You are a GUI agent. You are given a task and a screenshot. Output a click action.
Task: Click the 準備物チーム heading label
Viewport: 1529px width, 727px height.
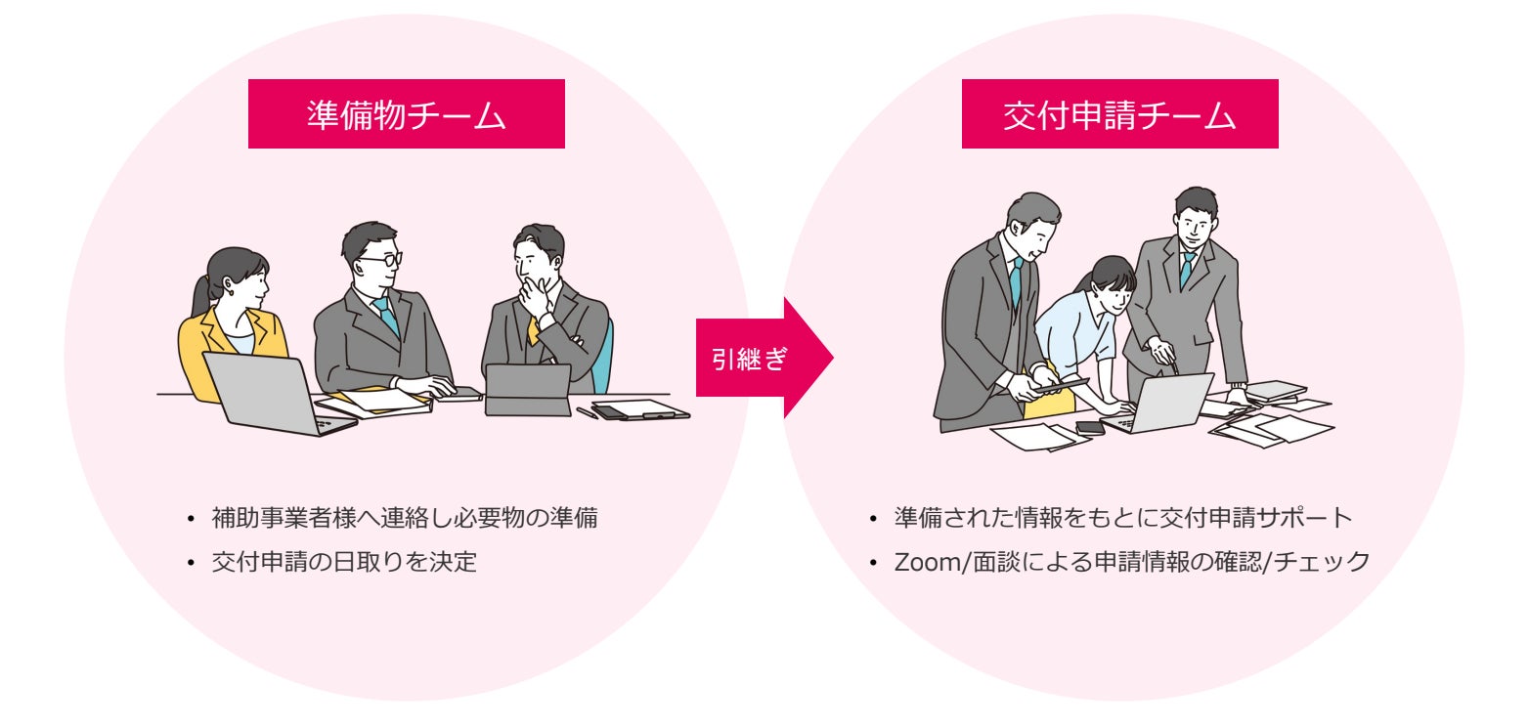[406, 114]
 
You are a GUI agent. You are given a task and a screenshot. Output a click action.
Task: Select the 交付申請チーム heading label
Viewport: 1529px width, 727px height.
[1119, 114]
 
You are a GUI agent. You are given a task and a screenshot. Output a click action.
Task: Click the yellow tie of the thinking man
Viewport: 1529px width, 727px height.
[533, 329]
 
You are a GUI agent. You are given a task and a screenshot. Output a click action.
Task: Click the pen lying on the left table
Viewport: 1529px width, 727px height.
[587, 413]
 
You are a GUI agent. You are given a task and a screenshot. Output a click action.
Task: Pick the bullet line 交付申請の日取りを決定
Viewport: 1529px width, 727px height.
[344, 563]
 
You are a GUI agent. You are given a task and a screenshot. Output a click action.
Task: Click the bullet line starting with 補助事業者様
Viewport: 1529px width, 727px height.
[404, 517]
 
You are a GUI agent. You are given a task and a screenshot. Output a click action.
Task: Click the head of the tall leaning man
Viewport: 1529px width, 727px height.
[1031, 220]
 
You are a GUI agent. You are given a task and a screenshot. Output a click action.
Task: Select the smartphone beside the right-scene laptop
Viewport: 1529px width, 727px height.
[1089, 427]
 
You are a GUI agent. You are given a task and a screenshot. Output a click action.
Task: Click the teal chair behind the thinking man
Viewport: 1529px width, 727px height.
[608, 352]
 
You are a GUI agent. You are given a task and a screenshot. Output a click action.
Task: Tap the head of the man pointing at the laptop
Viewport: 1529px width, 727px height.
[1195, 217]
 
